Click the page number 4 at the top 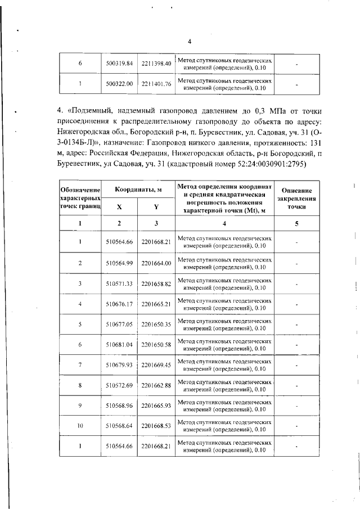190,42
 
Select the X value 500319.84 119,64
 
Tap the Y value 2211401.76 156,84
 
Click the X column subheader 119,206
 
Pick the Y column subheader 156,206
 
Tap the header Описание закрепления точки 296,199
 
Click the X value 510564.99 119,263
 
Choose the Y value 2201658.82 156,283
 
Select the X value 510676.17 119,304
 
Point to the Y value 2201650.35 156,324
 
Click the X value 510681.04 119,344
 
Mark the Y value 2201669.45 156,364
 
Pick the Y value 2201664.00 156,263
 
